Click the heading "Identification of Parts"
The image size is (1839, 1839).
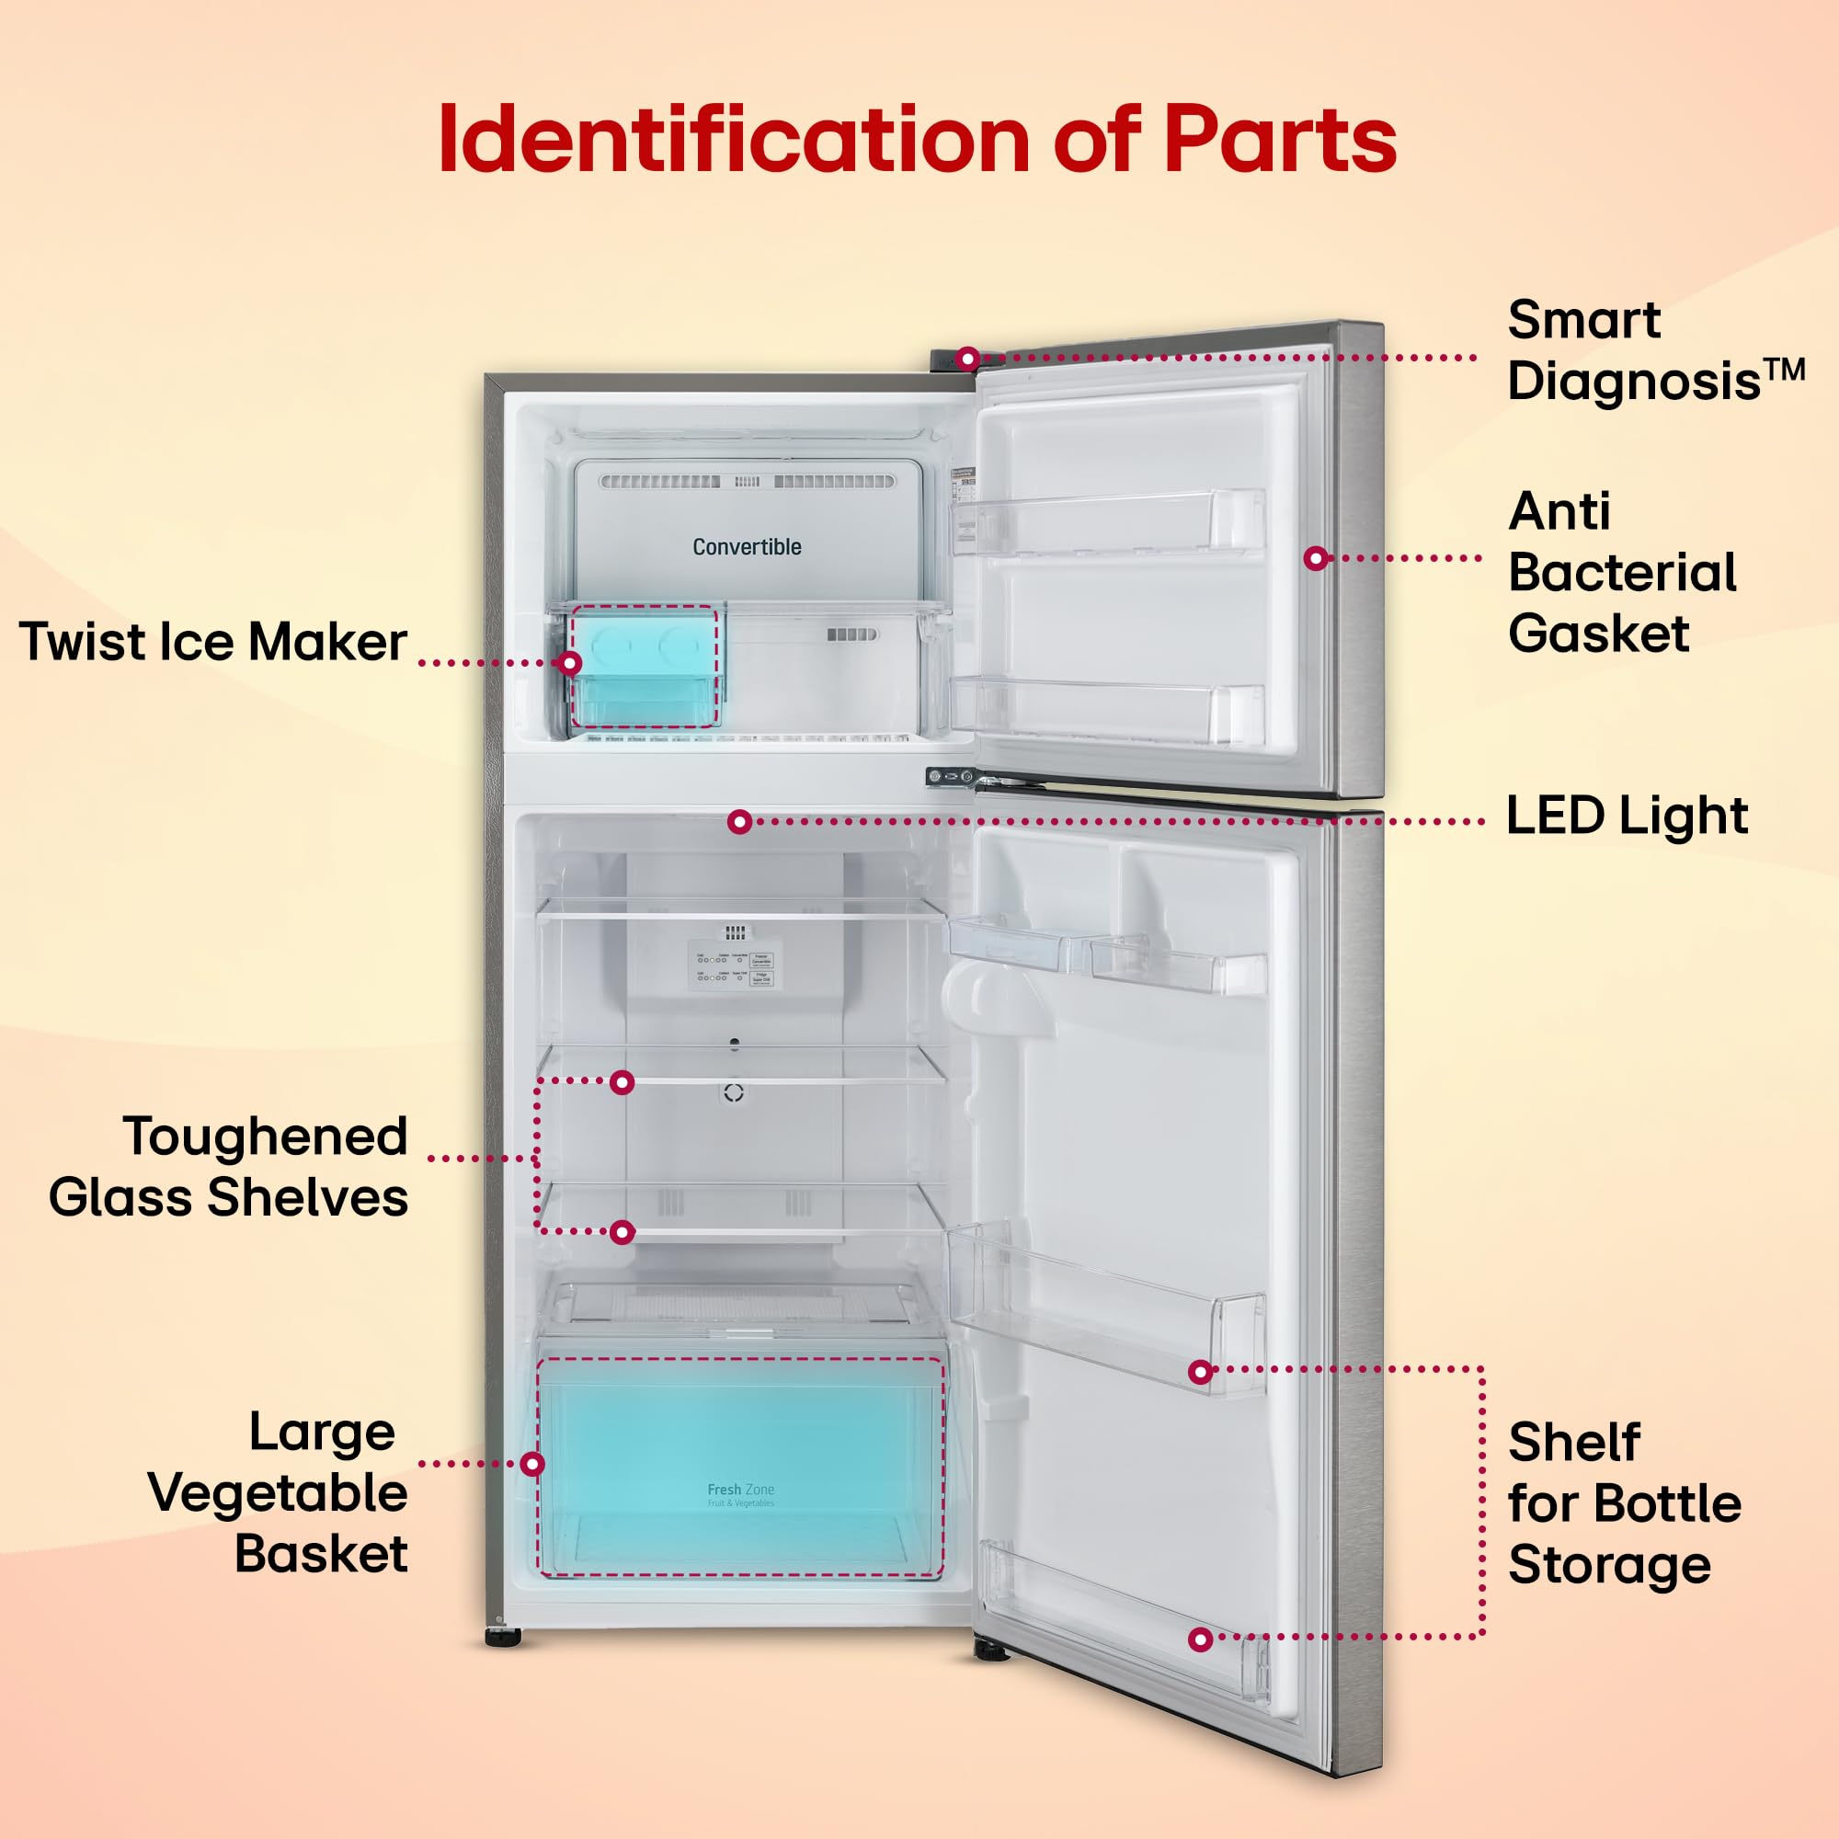(x=917, y=140)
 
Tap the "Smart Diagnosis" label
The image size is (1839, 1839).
(x=1654, y=350)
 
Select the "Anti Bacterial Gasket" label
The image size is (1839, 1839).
(x=1622, y=572)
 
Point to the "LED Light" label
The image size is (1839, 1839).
(x=1627, y=816)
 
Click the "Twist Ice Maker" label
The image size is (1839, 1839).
(x=213, y=642)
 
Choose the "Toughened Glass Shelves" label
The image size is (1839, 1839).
(x=228, y=1166)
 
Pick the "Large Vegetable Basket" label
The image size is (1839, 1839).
(x=278, y=1492)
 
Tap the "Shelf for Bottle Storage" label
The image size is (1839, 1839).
(x=1624, y=1504)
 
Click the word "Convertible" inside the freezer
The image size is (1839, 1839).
(x=747, y=547)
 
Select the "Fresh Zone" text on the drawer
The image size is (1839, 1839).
(x=740, y=1490)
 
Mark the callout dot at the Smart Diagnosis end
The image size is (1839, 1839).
(x=968, y=359)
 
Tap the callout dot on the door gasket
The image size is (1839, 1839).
(x=1316, y=559)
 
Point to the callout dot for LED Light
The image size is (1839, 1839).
(x=739, y=821)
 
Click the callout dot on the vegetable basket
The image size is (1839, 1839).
(x=533, y=1464)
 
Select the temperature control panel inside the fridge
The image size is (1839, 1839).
(x=735, y=967)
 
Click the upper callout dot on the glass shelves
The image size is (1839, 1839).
(x=622, y=1082)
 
